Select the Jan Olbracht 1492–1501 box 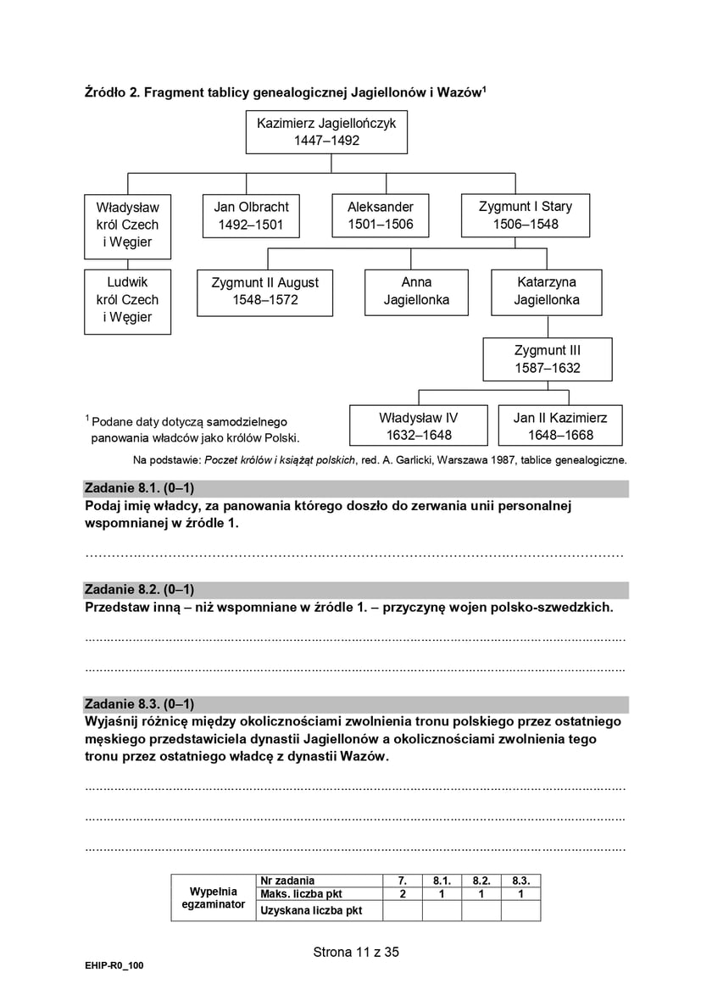coord(251,216)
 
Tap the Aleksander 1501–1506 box coord(381,216)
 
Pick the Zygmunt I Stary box coord(526,215)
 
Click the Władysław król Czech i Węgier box coord(127,225)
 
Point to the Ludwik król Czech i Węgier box coord(127,300)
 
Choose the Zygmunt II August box coord(265,292)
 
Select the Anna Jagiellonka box coord(416,292)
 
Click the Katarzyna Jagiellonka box coord(547,292)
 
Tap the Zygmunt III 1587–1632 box coord(547,359)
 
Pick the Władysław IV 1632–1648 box coord(418,426)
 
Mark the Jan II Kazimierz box coord(560,426)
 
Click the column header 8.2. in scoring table coord(481,881)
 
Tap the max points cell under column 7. coord(402,893)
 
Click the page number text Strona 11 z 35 coord(356,952)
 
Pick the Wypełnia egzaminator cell coord(213,898)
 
